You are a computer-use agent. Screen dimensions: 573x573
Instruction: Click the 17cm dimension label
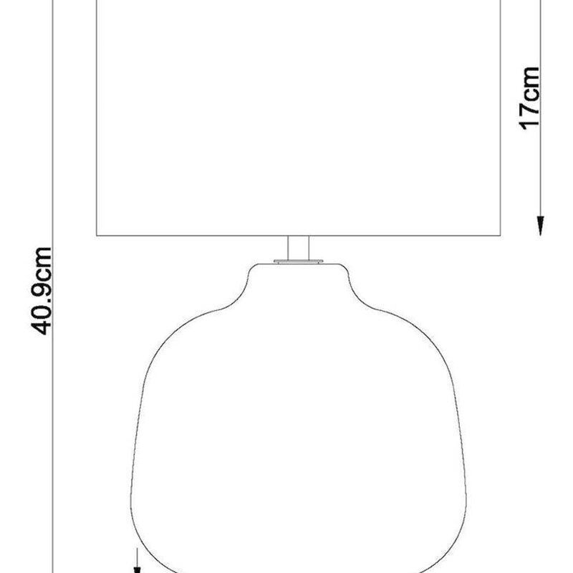[x=529, y=99]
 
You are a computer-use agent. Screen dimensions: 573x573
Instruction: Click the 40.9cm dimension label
[x=41, y=292]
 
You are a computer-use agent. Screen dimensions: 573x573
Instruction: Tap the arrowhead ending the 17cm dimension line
[x=540, y=226]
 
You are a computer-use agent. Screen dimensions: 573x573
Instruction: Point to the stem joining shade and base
[x=298, y=248]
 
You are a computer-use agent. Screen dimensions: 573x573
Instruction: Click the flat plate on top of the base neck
[x=298, y=261]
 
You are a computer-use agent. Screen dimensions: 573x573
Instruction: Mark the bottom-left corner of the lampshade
[x=97, y=236]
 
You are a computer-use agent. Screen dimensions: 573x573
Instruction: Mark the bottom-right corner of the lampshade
[x=500, y=236]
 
